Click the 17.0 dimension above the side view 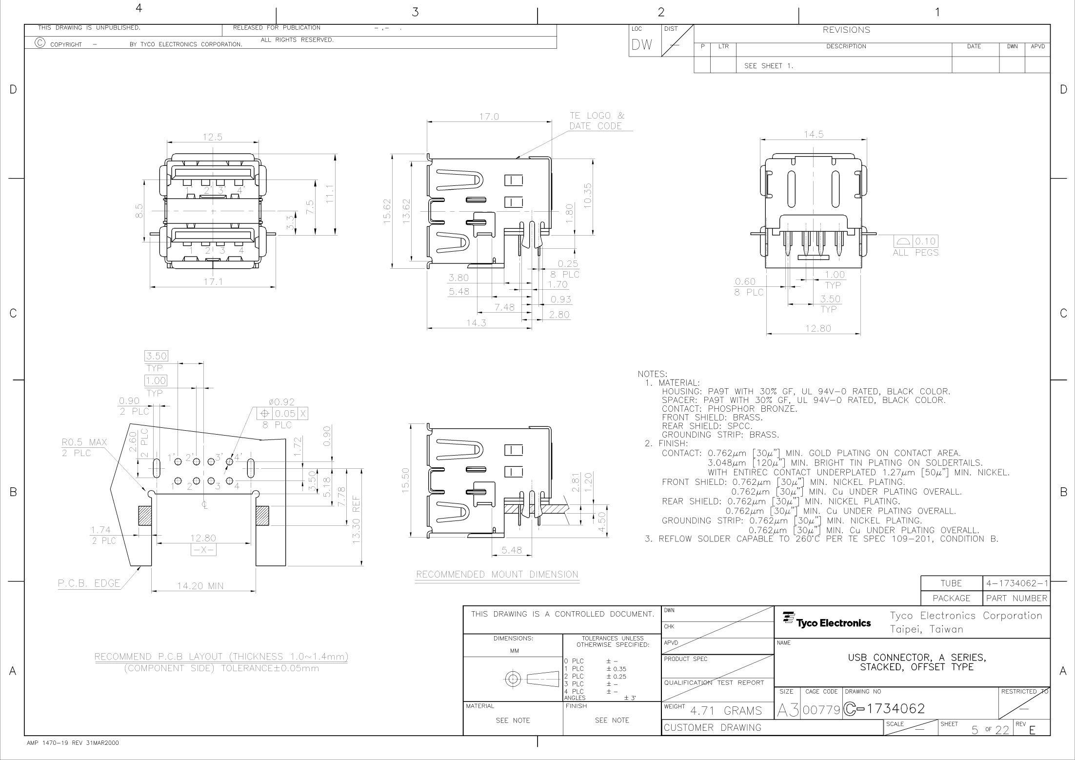point(489,117)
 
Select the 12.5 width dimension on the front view point(213,138)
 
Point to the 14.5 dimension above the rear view point(814,135)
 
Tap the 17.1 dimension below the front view point(213,282)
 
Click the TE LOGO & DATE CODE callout point(597,121)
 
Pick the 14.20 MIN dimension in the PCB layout point(200,586)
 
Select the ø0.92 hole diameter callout point(281,402)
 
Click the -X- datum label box point(203,550)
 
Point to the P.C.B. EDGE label point(89,583)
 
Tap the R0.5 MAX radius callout point(84,442)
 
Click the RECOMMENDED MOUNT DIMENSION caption point(497,575)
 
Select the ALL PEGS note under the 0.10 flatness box point(916,253)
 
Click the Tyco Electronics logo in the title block point(827,620)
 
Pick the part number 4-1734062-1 point(1017,583)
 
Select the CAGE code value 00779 point(821,710)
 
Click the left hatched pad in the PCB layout point(145,516)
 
